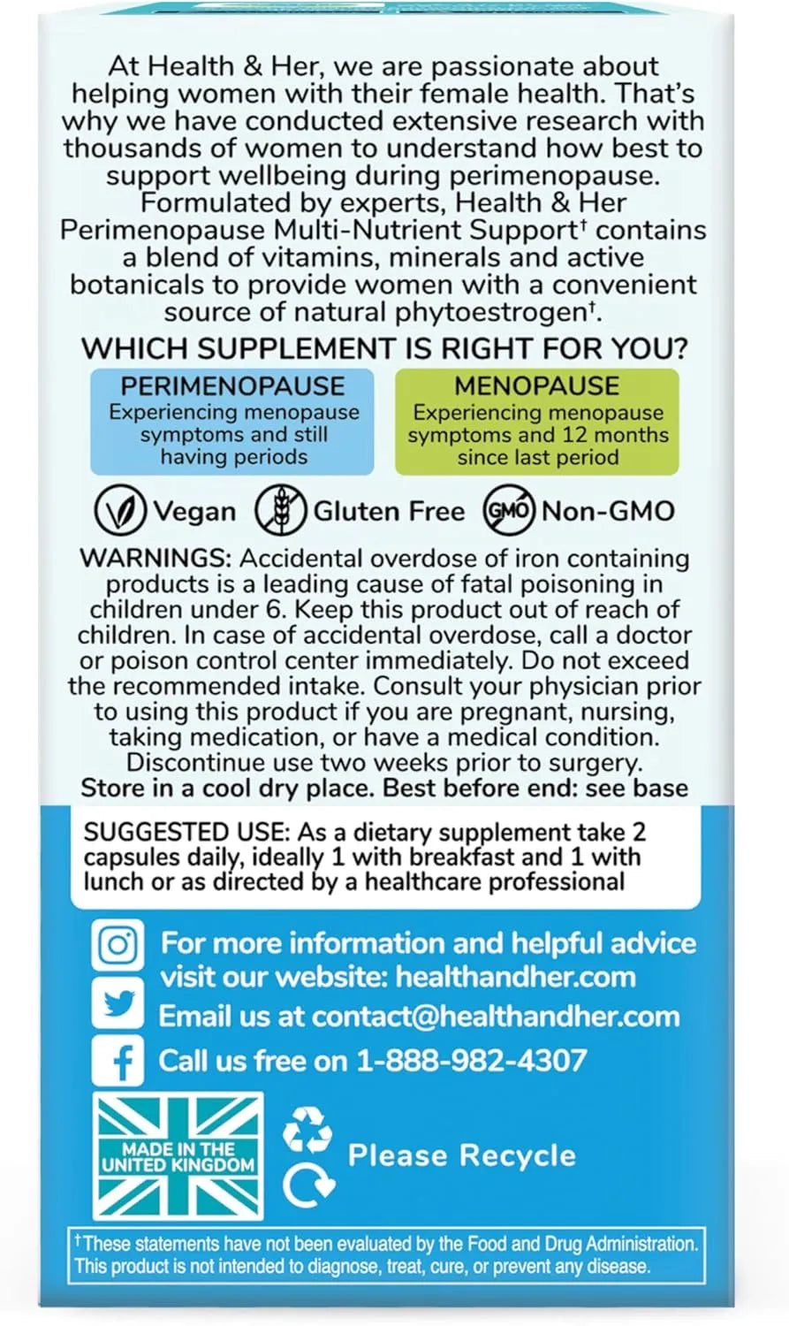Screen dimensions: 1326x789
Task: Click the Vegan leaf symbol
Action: tap(120, 511)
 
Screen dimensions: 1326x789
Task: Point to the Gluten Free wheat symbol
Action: tap(280, 511)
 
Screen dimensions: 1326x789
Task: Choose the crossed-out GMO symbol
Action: tap(509, 511)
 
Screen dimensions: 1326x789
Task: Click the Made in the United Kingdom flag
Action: tap(178, 1156)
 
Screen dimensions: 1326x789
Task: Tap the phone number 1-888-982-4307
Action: tap(472, 1061)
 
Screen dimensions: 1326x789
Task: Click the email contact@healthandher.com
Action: tap(496, 1017)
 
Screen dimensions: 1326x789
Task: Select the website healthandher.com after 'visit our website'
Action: tap(515, 977)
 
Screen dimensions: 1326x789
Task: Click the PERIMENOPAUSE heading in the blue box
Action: tap(232, 386)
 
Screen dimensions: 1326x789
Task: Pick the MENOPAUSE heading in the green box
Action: tap(536, 386)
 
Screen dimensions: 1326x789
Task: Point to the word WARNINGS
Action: tap(156, 559)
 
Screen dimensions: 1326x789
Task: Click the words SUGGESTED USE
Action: tap(186, 832)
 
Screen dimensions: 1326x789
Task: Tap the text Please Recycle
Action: tap(462, 1155)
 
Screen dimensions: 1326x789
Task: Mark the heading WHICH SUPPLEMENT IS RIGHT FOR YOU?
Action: tap(384, 348)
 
